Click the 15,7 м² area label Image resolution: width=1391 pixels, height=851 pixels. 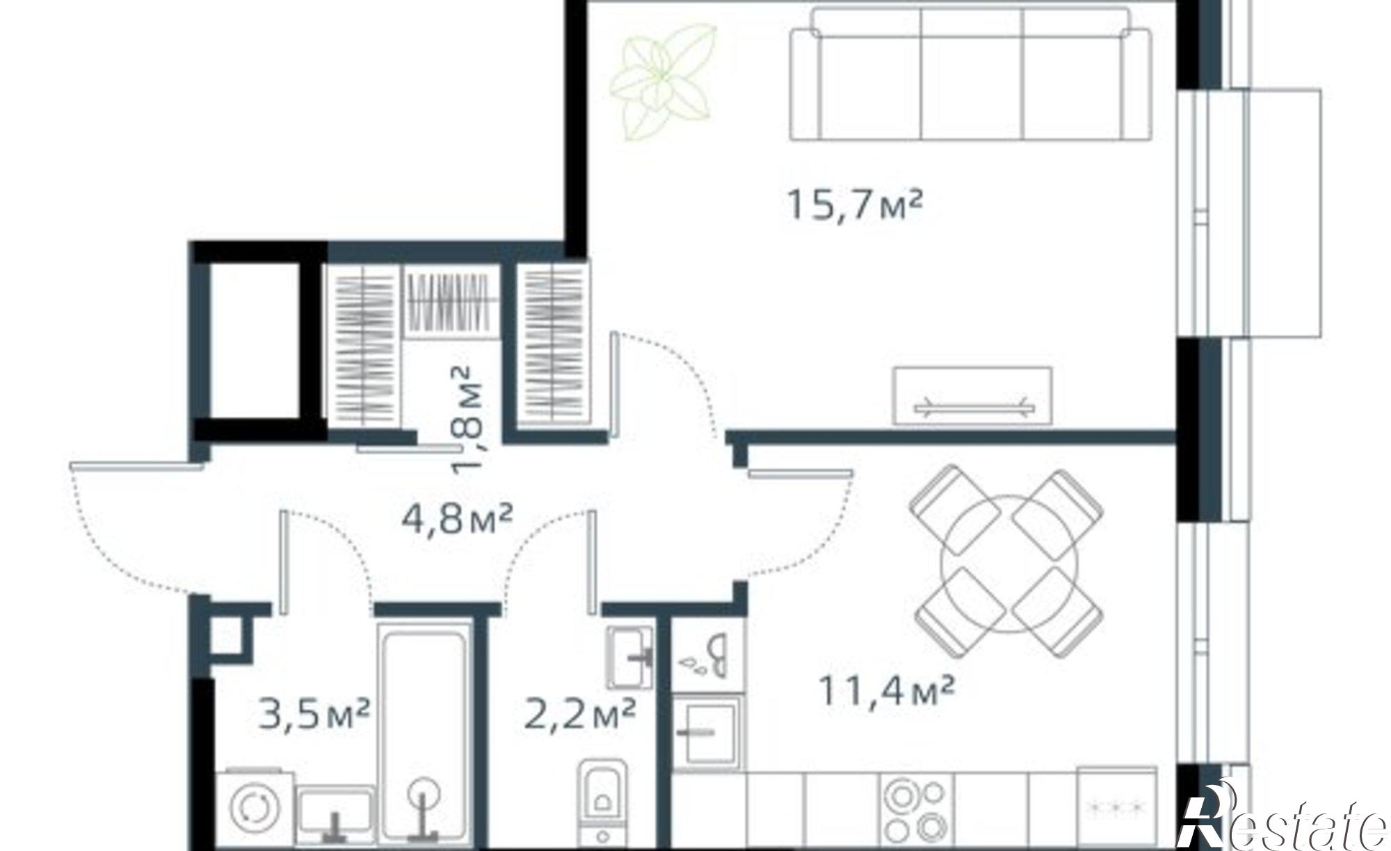coord(855,205)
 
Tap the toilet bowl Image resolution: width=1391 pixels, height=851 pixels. coord(601,800)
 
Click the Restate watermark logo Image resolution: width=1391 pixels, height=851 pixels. coord(1283,821)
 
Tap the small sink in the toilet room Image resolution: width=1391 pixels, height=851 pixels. coord(629,656)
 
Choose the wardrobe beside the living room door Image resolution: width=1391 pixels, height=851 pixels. coord(554,344)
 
